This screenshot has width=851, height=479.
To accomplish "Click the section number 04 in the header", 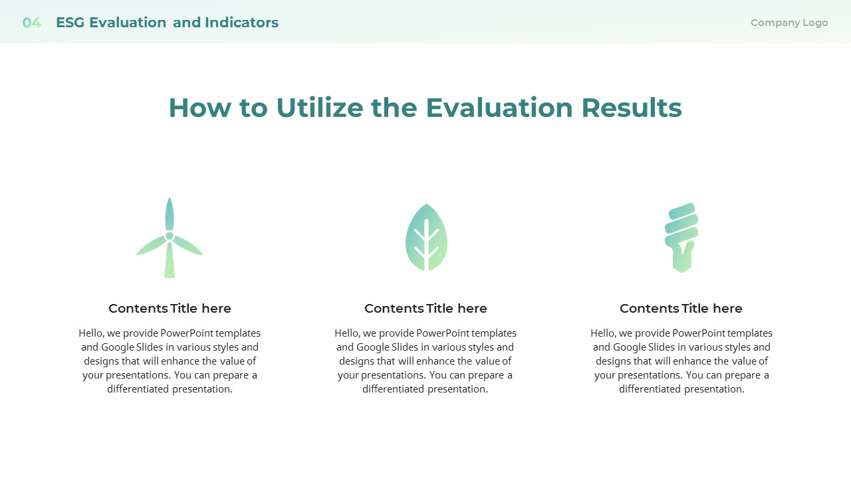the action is click(31, 23).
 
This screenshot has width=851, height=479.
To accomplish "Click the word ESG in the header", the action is click(70, 23).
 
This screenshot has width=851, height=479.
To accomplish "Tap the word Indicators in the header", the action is click(241, 23).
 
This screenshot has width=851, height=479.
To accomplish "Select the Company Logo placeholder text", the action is click(789, 23).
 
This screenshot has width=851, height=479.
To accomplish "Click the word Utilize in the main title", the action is click(320, 108).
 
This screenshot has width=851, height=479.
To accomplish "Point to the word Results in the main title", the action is click(632, 108).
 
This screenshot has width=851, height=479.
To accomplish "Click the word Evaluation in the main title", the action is click(499, 108).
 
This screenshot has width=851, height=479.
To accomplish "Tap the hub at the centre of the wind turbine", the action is click(170, 236).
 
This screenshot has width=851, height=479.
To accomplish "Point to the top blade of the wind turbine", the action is click(170, 214).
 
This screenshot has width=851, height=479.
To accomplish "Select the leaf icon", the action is click(426, 238).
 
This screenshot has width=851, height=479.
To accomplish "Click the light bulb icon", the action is click(681, 238).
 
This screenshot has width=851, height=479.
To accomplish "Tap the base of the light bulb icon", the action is click(682, 262).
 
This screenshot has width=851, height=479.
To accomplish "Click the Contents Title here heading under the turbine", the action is click(170, 308).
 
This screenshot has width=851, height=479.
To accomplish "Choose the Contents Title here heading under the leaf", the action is click(425, 308).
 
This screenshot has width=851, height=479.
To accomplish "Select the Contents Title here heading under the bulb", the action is click(681, 308).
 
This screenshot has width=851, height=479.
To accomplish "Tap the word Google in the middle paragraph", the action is click(374, 347).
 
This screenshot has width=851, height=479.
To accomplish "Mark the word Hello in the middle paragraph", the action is click(347, 333).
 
